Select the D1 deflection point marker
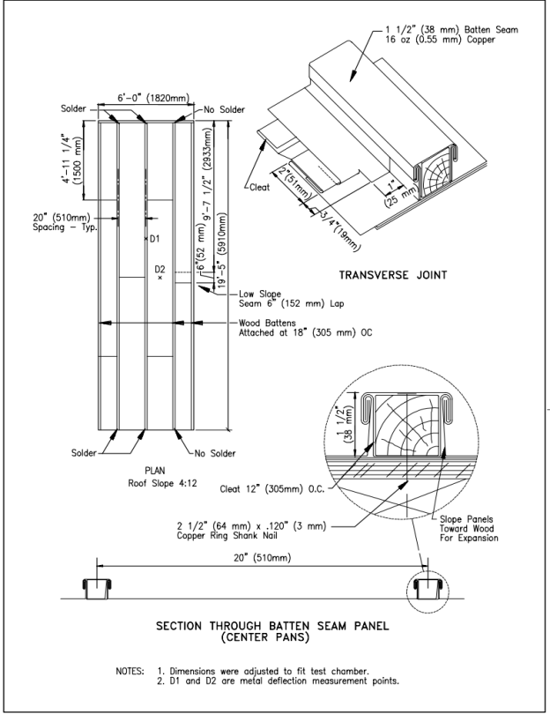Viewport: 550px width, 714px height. [145, 238]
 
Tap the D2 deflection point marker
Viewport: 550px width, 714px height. [160, 278]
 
